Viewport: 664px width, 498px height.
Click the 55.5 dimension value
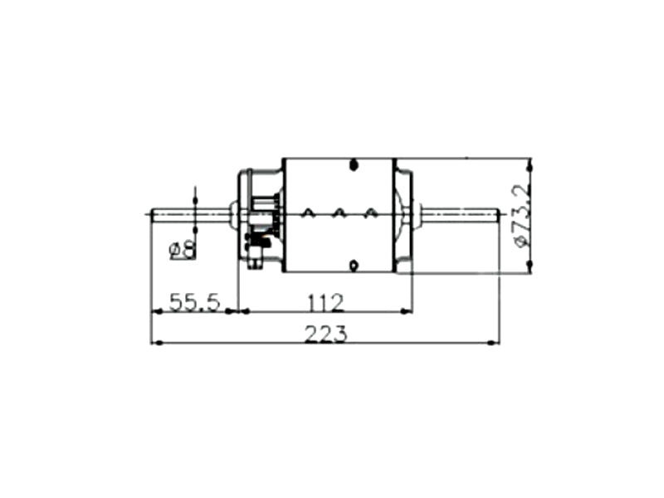pyautogui.click(x=195, y=302)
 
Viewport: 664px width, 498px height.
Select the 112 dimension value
pyautogui.click(x=325, y=302)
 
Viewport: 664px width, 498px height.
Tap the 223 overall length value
pyautogui.click(x=325, y=334)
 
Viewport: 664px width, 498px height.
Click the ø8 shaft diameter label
pyautogui.click(x=183, y=250)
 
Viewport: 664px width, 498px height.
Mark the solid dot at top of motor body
pyautogui.click(x=354, y=165)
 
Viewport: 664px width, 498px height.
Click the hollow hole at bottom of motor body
pyautogui.click(x=354, y=266)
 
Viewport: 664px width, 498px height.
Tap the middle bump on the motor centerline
pyautogui.click(x=339, y=212)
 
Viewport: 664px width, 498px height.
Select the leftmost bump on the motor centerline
pyautogui.click(x=308, y=212)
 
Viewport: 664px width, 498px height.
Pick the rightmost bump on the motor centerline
pyautogui.click(x=370, y=212)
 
